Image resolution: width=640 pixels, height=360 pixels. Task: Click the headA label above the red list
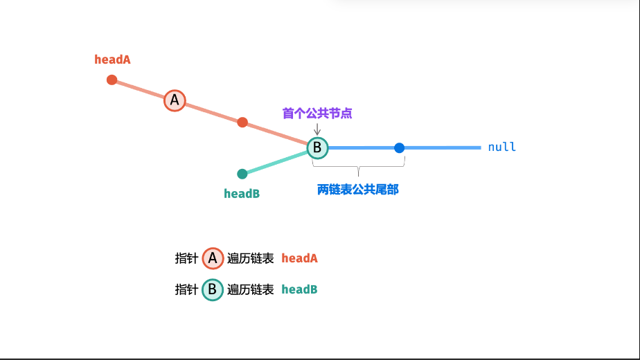click(112, 60)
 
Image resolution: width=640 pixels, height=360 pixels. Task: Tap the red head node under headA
click(112, 80)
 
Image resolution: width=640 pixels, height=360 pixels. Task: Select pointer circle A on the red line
click(175, 100)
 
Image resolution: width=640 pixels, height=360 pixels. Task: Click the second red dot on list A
click(242, 123)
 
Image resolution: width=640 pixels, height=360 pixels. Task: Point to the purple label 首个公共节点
click(317, 113)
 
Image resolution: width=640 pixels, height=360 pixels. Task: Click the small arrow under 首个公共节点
click(317, 129)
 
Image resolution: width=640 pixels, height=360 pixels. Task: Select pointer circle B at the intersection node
click(317, 147)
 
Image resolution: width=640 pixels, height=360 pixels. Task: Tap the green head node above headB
click(242, 174)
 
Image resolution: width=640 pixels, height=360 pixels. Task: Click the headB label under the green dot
click(242, 194)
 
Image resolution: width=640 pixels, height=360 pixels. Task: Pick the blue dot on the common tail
click(399, 147)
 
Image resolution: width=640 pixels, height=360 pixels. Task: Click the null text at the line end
click(502, 147)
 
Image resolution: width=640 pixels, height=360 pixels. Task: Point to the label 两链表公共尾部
click(357, 190)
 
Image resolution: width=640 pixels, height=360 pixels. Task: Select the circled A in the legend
click(213, 258)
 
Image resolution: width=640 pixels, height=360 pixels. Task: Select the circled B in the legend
click(213, 289)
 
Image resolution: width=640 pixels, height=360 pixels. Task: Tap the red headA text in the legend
click(299, 258)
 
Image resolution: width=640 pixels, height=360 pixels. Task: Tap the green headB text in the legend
click(299, 289)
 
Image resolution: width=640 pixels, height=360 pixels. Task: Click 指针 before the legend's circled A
click(186, 258)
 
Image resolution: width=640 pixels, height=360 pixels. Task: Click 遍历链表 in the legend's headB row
click(251, 289)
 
